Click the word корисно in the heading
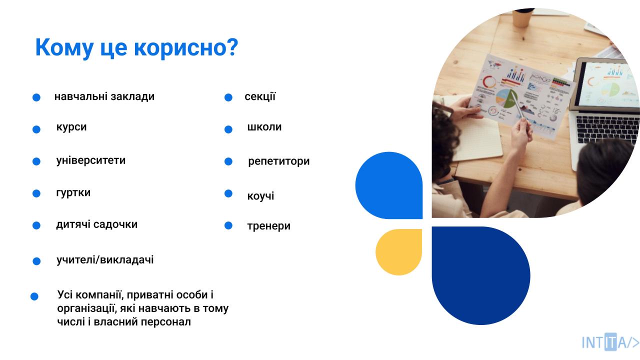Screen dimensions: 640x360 186,47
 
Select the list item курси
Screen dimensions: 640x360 71,127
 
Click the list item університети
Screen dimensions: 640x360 91,160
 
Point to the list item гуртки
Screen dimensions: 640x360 73,193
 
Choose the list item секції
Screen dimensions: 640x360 260,96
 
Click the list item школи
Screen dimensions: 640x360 264,127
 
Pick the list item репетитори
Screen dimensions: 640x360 279,161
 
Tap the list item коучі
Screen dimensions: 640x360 260,196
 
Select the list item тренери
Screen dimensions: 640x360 269,226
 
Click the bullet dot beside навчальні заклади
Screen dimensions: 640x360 36,97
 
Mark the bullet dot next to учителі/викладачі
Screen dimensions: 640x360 36,261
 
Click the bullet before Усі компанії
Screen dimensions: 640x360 34,296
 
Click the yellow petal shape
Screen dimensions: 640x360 399,252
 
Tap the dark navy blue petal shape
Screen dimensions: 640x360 481,275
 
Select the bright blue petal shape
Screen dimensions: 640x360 389,185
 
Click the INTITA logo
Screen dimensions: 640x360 610,341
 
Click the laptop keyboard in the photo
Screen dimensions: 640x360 607,129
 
